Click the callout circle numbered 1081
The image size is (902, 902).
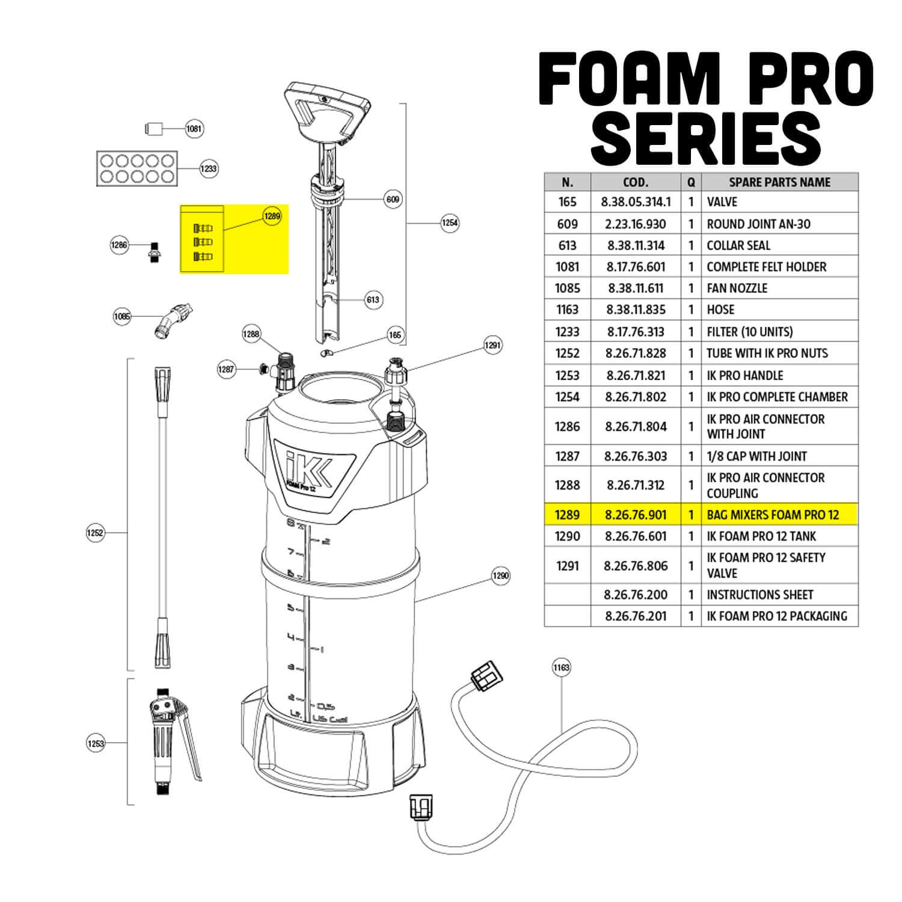click(194, 129)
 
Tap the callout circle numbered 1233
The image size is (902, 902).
click(208, 168)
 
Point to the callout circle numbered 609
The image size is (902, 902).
click(393, 199)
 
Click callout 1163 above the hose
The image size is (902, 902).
click(561, 667)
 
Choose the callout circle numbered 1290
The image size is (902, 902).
click(500, 576)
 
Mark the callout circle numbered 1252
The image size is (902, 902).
click(96, 533)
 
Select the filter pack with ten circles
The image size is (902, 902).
click(138, 168)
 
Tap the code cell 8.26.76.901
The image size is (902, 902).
click(636, 515)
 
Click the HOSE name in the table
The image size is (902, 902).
click(720, 310)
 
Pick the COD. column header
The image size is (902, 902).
click(636, 182)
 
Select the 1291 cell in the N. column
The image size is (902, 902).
click(567, 566)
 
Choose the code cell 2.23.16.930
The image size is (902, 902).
click(636, 224)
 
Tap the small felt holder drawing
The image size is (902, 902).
click(155, 129)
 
